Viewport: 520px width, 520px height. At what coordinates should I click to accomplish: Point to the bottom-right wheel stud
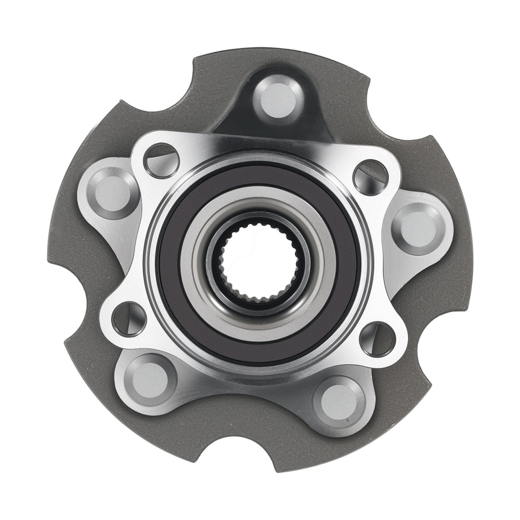[339, 401]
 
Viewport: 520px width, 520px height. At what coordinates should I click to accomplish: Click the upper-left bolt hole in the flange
[161, 160]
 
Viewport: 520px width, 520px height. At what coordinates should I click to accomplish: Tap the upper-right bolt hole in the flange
[370, 177]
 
